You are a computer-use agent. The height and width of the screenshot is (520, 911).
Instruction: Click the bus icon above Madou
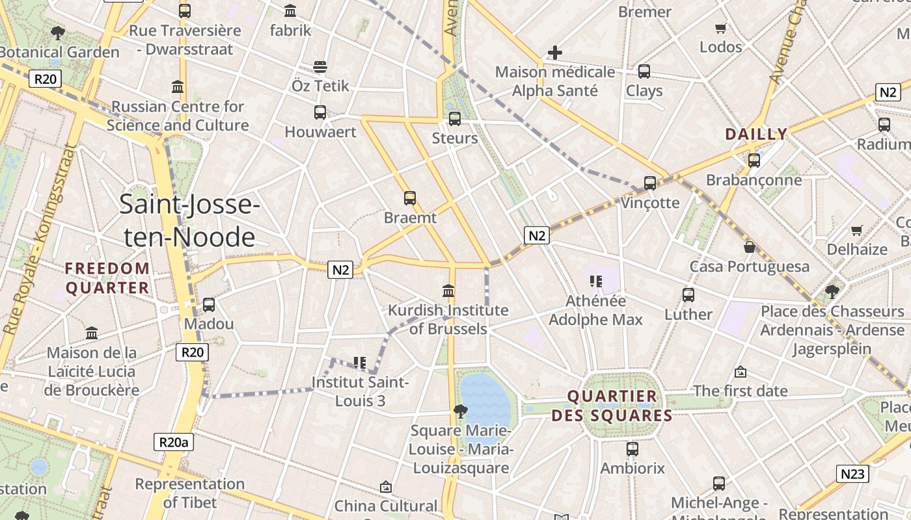click(x=209, y=304)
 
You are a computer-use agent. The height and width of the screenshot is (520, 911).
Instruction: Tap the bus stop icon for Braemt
click(x=410, y=198)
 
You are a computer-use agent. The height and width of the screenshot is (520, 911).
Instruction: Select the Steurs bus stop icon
click(x=455, y=118)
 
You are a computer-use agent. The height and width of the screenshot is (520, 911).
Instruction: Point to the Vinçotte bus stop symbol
click(x=650, y=183)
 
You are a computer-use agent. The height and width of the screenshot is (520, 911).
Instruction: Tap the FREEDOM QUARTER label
click(x=107, y=278)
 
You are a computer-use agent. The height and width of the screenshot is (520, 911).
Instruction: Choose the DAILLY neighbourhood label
click(x=756, y=135)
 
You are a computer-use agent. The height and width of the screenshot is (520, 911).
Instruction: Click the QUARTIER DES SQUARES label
click(x=612, y=406)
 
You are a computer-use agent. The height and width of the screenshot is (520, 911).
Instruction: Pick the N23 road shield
click(x=852, y=474)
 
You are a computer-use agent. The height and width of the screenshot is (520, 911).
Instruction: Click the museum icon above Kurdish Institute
click(x=448, y=291)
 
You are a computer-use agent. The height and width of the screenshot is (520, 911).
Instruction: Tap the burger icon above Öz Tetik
click(x=320, y=66)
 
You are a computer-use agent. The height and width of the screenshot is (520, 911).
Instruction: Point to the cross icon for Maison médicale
click(x=554, y=52)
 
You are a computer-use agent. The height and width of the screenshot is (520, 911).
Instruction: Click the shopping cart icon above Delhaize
click(x=857, y=230)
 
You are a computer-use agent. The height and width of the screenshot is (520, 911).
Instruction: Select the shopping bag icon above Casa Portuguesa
click(x=750, y=247)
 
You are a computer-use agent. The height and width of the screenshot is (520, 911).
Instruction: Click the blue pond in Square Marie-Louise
click(x=485, y=400)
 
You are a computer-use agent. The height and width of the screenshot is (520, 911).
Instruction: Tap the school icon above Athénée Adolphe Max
click(x=595, y=281)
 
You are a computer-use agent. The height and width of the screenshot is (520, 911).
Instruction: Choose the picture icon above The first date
click(x=740, y=372)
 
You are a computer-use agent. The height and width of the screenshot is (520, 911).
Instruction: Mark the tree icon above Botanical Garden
click(x=58, y=32)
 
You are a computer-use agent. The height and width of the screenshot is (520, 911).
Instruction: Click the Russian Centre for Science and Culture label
click(x=178, y=116)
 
